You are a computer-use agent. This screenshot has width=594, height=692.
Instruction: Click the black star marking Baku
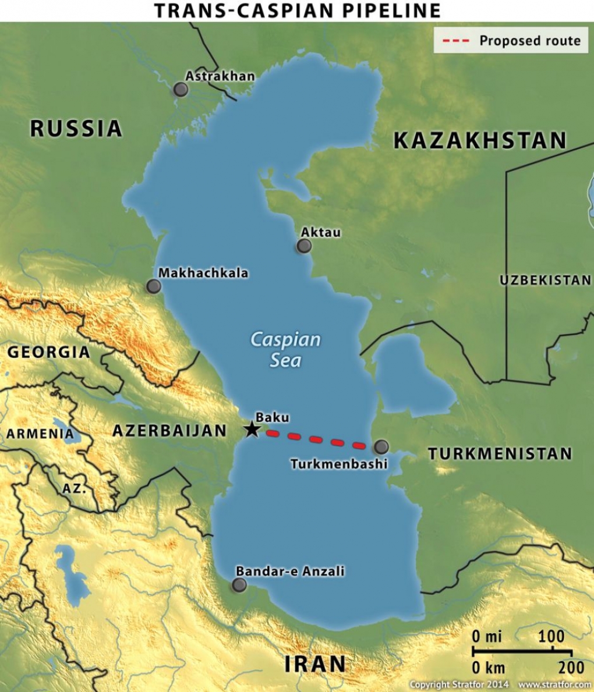(252, 430)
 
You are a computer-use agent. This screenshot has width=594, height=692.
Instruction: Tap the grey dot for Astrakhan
(181, 90)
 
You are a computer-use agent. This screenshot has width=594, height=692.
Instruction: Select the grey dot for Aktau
(303, 246)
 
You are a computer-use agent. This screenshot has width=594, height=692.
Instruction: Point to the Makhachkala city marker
(154, 286)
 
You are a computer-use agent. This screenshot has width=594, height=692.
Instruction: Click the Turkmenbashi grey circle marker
(381, 447)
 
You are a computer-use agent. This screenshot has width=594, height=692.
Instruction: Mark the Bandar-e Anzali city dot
(239, 585)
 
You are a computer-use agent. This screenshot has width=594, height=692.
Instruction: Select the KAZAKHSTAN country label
(480, 141)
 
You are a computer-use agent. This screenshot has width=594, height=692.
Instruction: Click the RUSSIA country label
(76, 129)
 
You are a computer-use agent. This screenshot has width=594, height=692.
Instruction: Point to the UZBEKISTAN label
(545, 281)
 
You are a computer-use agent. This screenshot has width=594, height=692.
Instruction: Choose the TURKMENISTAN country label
(500, 454)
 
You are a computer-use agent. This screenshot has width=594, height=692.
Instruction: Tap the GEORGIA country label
(49, 352)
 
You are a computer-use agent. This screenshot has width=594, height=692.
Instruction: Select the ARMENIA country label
(40, 434)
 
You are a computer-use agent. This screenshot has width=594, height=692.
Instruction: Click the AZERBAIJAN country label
(169, 431)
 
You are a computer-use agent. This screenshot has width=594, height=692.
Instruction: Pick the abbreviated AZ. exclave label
(74, 489)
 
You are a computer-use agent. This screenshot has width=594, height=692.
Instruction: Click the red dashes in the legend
(456, 41)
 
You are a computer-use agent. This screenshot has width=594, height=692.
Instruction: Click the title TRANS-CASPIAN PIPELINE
(297, 10)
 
